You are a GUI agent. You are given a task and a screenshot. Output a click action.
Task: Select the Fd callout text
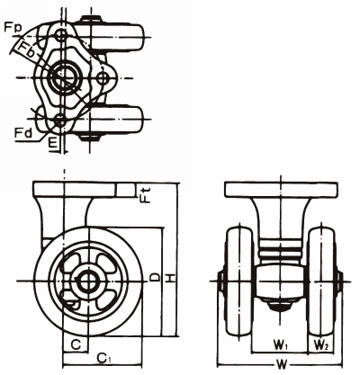click(25, 132)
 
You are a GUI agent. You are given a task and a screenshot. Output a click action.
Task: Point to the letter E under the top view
click(54, 141)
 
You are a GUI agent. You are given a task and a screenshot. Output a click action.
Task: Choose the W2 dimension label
click(321, 344)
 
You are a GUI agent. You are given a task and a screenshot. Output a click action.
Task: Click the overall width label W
click(282, 364)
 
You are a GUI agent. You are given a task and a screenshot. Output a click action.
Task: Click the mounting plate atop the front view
click(281, 192)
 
